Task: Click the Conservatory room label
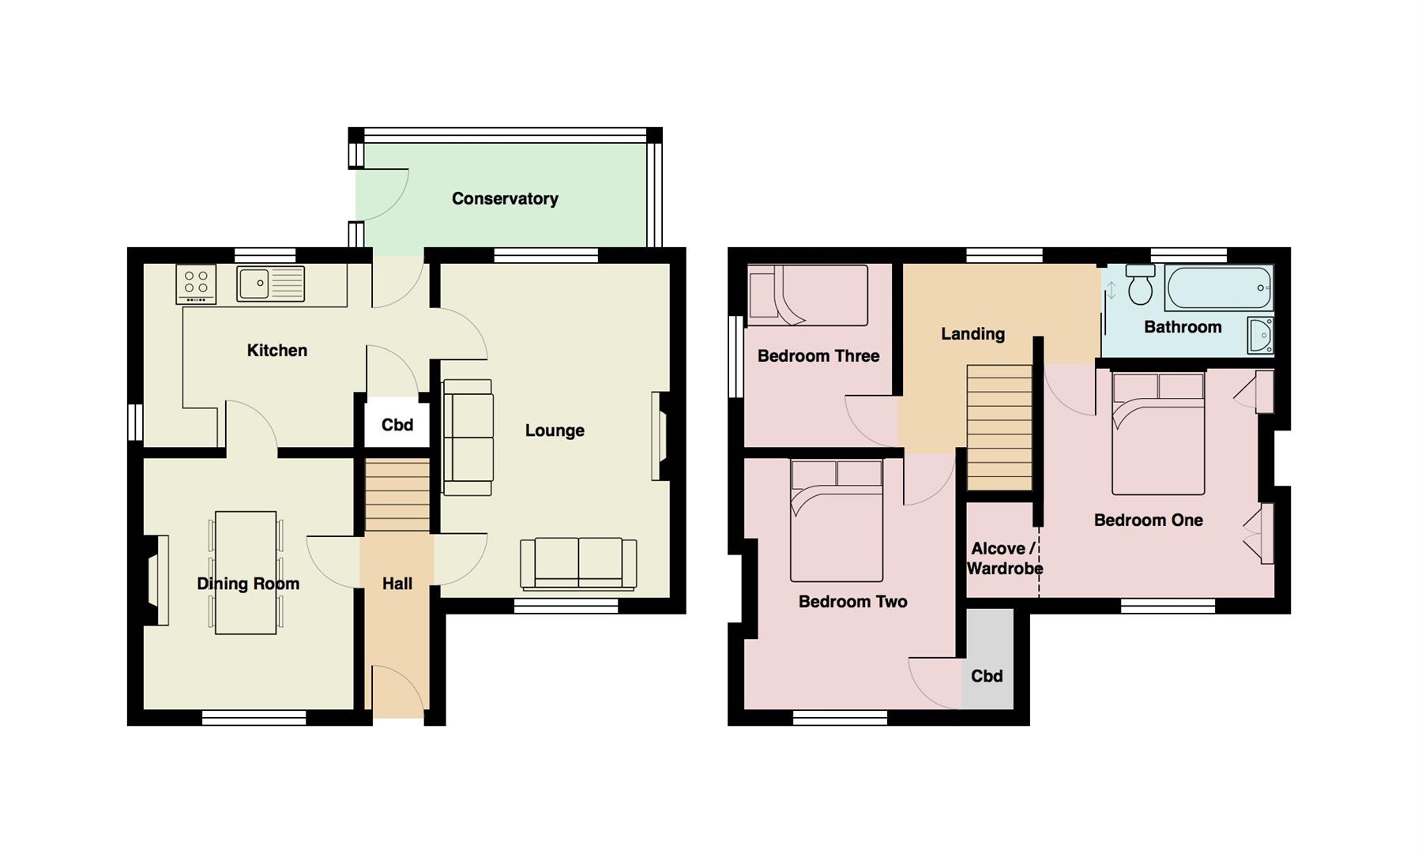point(505,199)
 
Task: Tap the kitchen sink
point(270,284)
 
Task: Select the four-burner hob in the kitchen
point(196,284)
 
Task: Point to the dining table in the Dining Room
point(246,573)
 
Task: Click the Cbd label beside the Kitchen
point(397,425)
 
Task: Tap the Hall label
point(397,584)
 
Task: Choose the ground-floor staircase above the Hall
point(397,494)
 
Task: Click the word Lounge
point(555,430)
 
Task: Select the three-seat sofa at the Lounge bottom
point(578,563)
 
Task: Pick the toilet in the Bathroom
point(1140,284)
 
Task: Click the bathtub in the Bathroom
point(1218,287)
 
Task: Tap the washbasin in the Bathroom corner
point(1260,336)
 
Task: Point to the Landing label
point(972,334)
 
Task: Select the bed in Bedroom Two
point(837,520)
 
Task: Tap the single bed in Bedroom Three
point(807,295)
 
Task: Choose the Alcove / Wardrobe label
point(1004,558)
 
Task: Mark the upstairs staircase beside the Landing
point(999,427)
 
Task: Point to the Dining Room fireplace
point(156,581)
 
